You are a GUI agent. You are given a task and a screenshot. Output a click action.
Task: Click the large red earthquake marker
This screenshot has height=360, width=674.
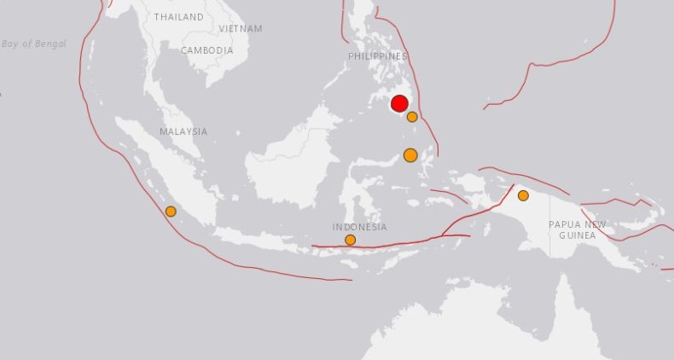point(399,104)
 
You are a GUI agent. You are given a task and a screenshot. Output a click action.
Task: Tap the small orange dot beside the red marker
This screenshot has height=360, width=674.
point(412,117)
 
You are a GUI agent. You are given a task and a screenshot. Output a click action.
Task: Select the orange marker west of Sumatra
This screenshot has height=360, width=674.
point(171,212)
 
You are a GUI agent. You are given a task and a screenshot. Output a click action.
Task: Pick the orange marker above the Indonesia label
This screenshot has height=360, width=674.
point(351,240)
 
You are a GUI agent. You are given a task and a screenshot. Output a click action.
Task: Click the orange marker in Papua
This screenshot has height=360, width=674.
point(523,195)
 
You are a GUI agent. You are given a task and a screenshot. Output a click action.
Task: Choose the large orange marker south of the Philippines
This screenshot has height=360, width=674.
point(410,155)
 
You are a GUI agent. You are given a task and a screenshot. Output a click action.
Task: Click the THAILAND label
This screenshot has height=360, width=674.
point(179,17)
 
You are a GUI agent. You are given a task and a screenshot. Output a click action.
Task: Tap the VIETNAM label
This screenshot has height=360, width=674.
point(240,28)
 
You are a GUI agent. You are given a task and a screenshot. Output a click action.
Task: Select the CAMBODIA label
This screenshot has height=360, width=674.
point(206,50)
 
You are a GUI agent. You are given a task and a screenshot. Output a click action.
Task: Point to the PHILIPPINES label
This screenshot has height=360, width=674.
point(378,56)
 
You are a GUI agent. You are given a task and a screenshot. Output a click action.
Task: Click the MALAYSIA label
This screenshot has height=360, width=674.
point(183,131)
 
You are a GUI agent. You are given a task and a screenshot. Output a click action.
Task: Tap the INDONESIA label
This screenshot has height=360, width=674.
point(360,227)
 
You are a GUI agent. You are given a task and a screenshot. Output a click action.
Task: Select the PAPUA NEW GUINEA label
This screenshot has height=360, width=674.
point(578,229)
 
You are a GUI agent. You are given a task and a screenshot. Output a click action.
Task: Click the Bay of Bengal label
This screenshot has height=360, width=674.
point(33,44)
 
